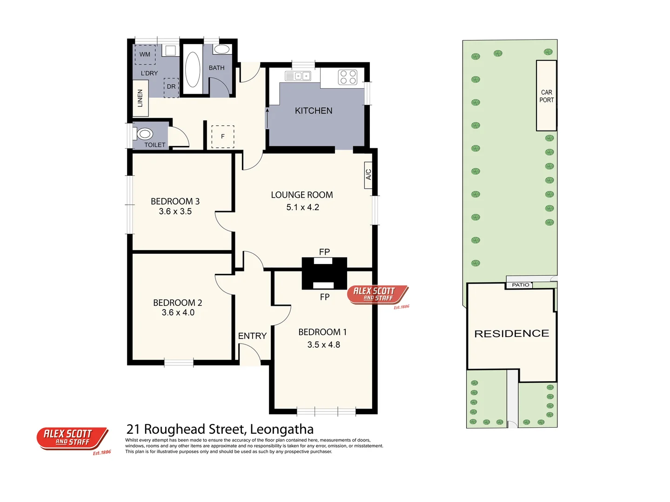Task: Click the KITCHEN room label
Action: point(314,111)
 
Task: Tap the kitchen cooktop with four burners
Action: point(348,77)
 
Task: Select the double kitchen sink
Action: point(298,76)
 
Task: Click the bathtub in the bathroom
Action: point(192,70)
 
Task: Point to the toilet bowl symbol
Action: point(145,134)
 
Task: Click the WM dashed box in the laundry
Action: point(145,54)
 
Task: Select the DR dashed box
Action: point(171,87)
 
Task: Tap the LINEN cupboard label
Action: point(140,99)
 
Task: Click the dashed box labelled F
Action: point(223,137)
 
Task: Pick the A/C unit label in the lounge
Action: point(368,175)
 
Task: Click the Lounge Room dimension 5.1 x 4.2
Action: point(302,207)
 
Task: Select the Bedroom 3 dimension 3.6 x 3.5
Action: point(175,211)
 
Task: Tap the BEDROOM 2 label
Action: point(177,303)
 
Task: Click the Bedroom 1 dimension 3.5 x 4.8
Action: point(323,345)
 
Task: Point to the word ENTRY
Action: point(252,336)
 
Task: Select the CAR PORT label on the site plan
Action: point(547,96)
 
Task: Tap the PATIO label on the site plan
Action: point(520,285)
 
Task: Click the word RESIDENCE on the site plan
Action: point(511,333)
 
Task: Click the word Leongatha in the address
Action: point(281,429)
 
